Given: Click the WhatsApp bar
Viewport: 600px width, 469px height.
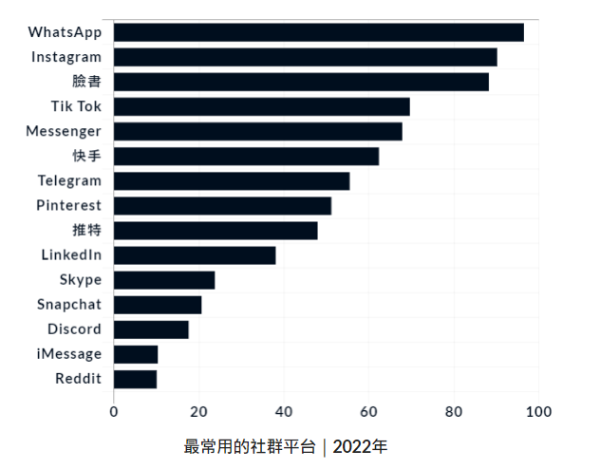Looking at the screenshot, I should [x=319, y=32].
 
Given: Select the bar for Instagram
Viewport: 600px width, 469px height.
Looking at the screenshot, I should [x=306, y=57].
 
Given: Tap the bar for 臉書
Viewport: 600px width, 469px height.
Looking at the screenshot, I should [x=301, y=82].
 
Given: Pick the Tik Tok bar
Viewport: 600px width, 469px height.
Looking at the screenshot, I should [x=262, y=106].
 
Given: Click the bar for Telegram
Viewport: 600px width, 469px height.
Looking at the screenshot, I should [x=232, y=181].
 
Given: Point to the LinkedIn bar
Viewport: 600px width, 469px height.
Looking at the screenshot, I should [x=195, y=255].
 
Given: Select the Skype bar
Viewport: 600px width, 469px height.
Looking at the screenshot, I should [x=164, y=280].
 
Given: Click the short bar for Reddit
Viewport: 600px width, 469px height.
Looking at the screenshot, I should [x=135, y=380].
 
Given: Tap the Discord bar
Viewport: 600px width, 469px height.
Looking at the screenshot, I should [x=151, y=329].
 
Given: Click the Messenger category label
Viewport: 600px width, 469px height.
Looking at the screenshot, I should [x=64, y=131].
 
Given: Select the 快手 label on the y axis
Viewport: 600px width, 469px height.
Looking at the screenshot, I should [x=86, y=156].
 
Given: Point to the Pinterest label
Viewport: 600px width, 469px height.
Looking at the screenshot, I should [x=68, y=205].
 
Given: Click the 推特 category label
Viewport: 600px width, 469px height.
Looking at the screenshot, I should [x=86, y=231].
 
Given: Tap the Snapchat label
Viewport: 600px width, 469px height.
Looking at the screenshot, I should [x=68, y=305].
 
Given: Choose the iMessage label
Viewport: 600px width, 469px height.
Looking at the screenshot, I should [x=67, y=354].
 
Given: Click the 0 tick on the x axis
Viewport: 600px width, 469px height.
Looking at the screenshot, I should [x=114, y=411].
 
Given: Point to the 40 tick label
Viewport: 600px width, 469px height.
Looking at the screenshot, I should [x=284, y=411].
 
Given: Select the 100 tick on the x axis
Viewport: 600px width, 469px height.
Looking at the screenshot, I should [x=539, y=411].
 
